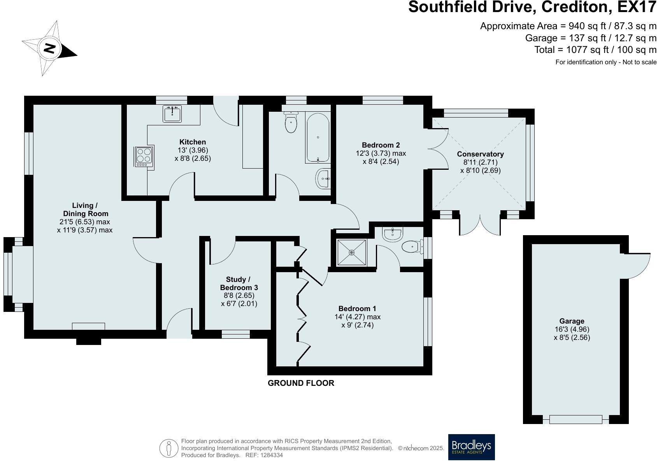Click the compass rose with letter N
pyautogui.click(x=49, y=49)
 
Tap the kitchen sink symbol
pyautogui.click(x=172, y=114)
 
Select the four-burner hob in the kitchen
pyautogui.click(x=144, y=156)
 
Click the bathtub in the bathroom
pyautogui.click(x=318, y=137)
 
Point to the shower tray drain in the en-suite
pyautogui.click(x=352, y=253)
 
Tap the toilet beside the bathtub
pyautogui.click(x=291, y=122)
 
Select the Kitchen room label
pyautogui.click(x=193, y=142)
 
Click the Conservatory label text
pyautogui.click(x=480, y=154)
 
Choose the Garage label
pyautogui.click(x=572, y=321)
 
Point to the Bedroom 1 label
pyautogui.click(x=357, y=308)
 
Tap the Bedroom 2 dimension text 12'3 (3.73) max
pyautogui.click(x=381, y=153)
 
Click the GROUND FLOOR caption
pyautogui.click(x=301, y=383)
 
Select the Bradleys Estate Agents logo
pyautogui.click(x=471, y=447)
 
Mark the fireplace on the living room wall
pyautogui.click(x=88, y=327)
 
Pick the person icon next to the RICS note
pyautogui.click(x=168, y=448)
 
